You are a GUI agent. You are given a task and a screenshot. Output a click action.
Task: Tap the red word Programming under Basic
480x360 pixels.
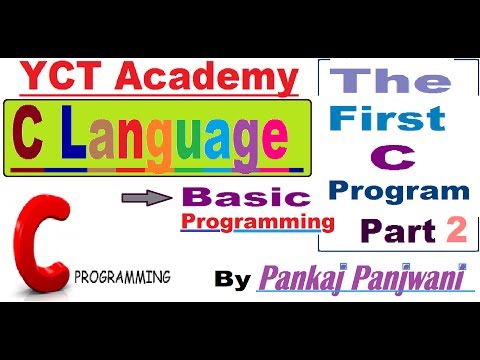[x=256, y=219]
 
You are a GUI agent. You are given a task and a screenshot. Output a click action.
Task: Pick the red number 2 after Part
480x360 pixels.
[x=457, y=232]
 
